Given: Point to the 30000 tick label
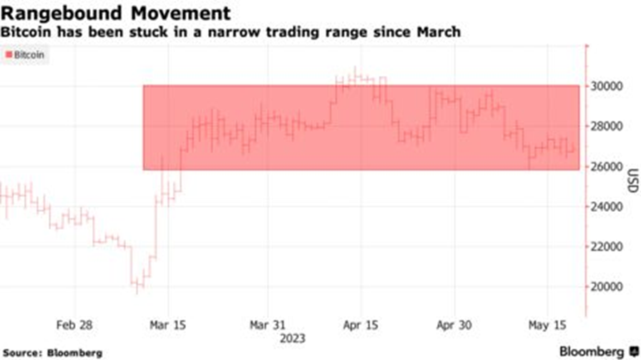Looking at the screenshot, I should [x=607, y=86].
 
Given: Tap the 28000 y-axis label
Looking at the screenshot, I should [x=607, y=126].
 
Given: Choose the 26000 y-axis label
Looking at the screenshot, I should [x=607, y=166].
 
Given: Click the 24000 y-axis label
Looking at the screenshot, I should [x=607, y=206].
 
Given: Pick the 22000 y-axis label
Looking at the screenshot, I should [x=607, y=246].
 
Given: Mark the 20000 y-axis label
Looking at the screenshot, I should [x=607, y=286].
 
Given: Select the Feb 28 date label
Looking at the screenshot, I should [x=75, y=324].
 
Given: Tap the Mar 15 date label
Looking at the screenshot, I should [x=168, y=324].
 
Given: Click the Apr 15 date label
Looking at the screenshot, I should [x=361, y=324].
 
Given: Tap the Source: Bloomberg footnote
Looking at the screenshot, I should [x=54, y=352].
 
